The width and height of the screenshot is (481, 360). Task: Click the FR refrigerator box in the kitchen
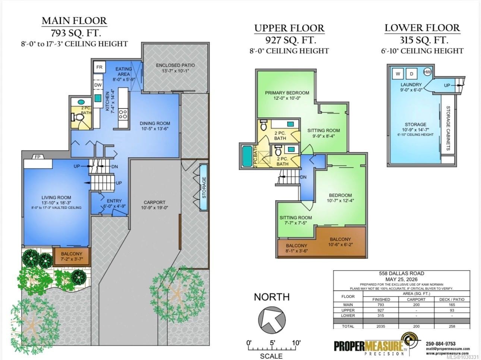click(100, 67)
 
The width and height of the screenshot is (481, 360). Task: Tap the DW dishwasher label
click(98, 85)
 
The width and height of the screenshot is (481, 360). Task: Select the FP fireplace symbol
click(38, 157)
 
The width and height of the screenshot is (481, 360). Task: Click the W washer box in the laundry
click(398, 74)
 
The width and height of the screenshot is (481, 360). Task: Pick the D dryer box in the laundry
click(411, 74)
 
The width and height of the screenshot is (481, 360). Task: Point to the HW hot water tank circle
click(427, 72)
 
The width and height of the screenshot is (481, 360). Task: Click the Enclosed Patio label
click(175, 68)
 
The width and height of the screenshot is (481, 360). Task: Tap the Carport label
click(154, 205)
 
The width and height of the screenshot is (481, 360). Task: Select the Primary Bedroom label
click(287, 95)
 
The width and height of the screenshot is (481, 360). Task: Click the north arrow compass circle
click(272, 320)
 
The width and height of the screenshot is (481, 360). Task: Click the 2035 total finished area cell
click(381, 326)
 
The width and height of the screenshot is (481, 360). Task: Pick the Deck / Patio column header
click(452, 299)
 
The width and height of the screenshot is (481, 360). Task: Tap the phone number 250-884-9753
click(440, 344)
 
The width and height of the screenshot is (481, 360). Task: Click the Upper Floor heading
click(289, 28)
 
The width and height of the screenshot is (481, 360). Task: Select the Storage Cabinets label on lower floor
click(448, 128)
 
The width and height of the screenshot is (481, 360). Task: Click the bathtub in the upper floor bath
click(248, 157)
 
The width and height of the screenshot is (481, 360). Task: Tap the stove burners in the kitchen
click(123, 114)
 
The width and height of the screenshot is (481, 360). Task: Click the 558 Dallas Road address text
click(402, 273)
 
